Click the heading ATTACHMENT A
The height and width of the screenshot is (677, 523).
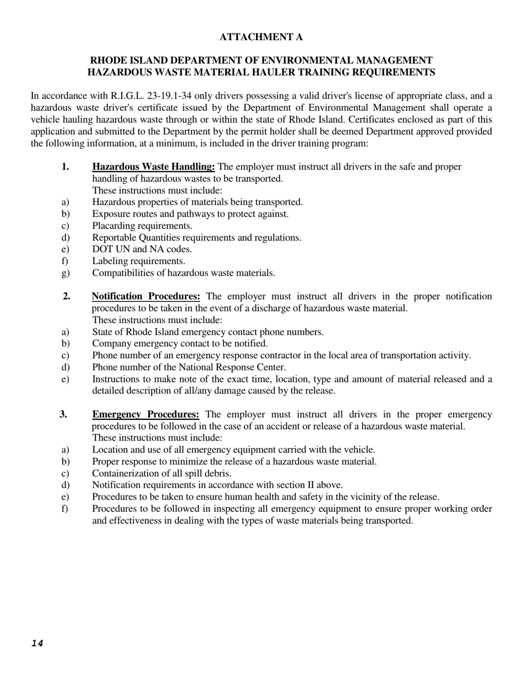pyautogui.click(x=261, y=37)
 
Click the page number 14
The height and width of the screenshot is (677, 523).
pyautogui.click(x=37, y=643)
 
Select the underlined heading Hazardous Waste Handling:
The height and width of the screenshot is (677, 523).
pyautogui.click(x=154, y=167)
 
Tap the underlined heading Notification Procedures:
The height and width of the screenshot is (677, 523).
pyautogui.click(x=146, y=297)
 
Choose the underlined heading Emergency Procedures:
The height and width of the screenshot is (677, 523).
pyautogui.click(x=146, y=414)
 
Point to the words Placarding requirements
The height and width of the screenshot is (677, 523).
pyautogui.click(x=142, y=226)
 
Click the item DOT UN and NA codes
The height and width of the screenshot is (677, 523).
pyautogui.click(x=142, y=249)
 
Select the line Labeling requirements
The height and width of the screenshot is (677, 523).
pyautogui.click(x=139, y=261)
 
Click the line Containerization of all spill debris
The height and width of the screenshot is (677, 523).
pyautogui.click(x=162, y=473)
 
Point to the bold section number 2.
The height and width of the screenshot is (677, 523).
pyautogui.click(x=67, y=297)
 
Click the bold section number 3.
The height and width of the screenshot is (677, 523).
pyautogui.click(x=63, y=414)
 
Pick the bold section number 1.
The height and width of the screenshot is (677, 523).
pyautogui.click(x=66, y=167)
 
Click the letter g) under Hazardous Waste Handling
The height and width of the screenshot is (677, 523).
pyautogui.click(x=66, y=273)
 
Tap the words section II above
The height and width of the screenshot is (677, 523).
pyautogui.click(x=310, y=485)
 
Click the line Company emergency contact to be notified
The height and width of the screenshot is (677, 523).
pyautogui.click(x=180, y=343)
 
